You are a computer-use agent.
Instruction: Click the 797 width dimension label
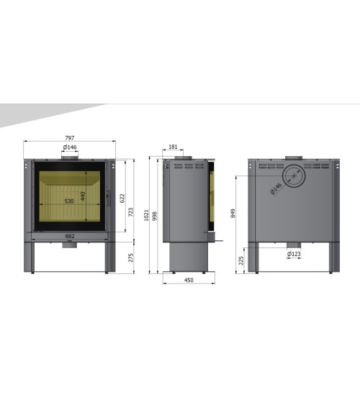70,138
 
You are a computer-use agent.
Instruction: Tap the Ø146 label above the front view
70,147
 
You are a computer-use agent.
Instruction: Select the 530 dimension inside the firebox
69,201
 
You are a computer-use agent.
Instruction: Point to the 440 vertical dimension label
83,196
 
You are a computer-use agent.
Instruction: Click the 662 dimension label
70,236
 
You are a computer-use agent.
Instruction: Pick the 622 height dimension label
122,199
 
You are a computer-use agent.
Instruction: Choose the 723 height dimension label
131,212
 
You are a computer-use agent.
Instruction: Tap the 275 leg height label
131,258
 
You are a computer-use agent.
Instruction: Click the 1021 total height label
146,215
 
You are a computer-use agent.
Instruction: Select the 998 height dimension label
155,216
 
